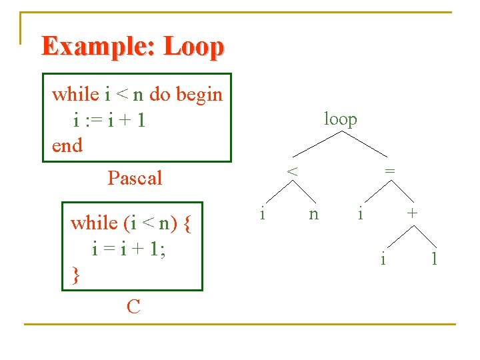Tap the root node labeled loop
point(340,119)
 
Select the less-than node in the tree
point(292,171)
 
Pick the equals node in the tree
point(390,171)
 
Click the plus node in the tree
point(413,213)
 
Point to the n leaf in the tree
point(313,215)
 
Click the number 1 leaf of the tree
point(434,259)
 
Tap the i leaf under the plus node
point(383,258)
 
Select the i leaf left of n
point(263,213)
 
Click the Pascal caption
point(135,178)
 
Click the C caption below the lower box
point(133,307)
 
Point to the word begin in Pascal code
point(199,95)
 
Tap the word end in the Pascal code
point(67,145)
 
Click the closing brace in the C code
point(75,274)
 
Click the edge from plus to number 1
point(425,237)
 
